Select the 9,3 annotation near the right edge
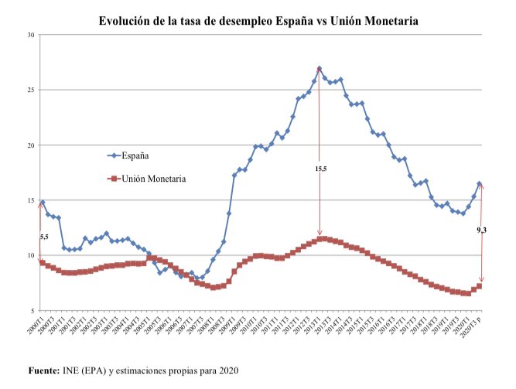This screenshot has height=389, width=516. [x=482, y=230]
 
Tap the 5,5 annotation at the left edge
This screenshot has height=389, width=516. [x=45, y=237]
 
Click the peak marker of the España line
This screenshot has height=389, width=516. [x=320, y=69]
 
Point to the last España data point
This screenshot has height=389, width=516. [x=480, y=184]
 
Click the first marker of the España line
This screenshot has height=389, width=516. [x=42, y=203]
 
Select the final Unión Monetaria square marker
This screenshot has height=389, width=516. [x=480, y=286]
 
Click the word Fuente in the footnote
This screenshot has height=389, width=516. [x=43, y=371]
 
